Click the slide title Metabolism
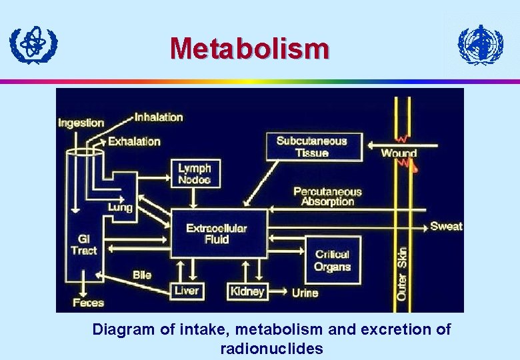[249, 49]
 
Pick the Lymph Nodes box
[194, 174]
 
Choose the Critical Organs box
[333, 260]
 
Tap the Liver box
[187, 291]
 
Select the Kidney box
[247, 291]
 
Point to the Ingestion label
[81, 123]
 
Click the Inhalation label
[159, 117]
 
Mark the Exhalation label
[134, 141]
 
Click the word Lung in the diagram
[121, 207]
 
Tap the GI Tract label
[84, 244]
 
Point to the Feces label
[89, 303]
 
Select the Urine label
[305, 292]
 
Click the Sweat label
[446, 226]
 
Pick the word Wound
[399, 153]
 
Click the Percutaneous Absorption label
[327, 196]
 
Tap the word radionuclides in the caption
[271, 348]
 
